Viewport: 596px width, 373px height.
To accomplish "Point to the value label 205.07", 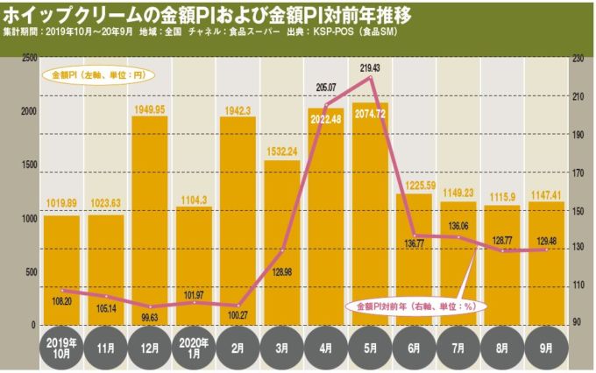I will click(326, 87).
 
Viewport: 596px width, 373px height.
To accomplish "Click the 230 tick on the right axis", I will click(577, 58).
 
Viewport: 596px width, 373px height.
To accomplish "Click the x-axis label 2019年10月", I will click(61, 348).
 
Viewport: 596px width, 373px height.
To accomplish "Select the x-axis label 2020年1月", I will click(194, 348).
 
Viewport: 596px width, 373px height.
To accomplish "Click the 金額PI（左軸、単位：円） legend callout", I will click(97, 75).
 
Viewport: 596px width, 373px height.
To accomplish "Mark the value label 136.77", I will click(414, 256).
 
